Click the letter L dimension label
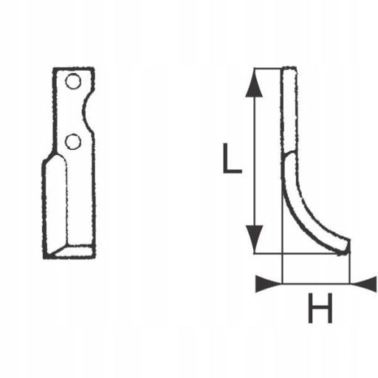pyautogui.click(x=232, y=158)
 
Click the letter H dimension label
pyautogui.click(x=320, y=308)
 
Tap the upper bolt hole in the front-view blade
pyautogui.click(x=73, y=81)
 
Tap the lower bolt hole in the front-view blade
pyautogui.click(x=73, y=142)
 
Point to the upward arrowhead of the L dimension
pyautogui.click(x=254, y=83)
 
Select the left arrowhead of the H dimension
pyautogui.click(x=269, y=284)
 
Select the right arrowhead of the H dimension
pyautogui.click(x=363, y=284)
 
